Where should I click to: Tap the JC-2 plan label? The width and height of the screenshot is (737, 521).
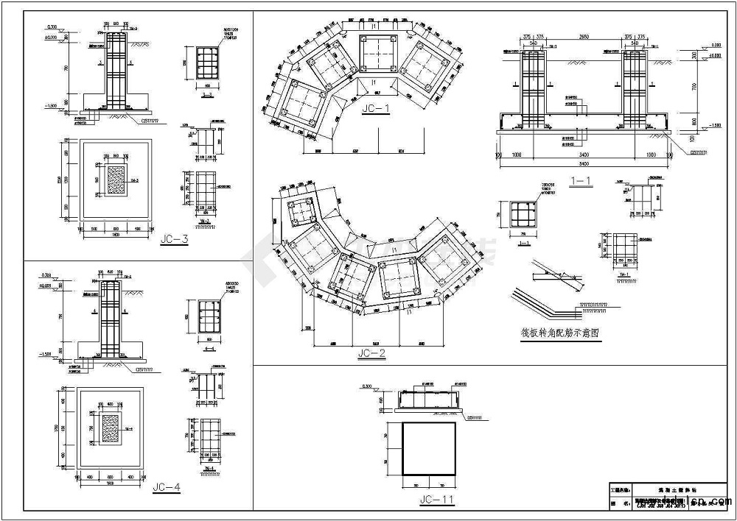[x=371, y=353]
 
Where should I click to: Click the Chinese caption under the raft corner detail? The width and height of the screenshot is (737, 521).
[x=560, y=333]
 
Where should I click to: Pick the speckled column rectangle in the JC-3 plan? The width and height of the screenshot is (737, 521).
[x=116, y=179]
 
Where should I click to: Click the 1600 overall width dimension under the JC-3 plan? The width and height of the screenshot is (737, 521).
[x=115, y=234]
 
